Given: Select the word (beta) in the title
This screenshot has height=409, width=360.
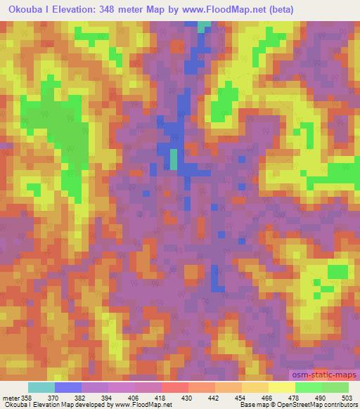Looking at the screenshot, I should [278, 10].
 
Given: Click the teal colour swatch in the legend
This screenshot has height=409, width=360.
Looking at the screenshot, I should [41, 387].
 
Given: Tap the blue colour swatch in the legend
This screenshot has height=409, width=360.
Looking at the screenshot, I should [68, 387].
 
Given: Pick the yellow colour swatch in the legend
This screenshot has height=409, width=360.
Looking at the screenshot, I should [281, 387].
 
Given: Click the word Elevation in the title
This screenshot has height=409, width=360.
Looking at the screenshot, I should [65, 10].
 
